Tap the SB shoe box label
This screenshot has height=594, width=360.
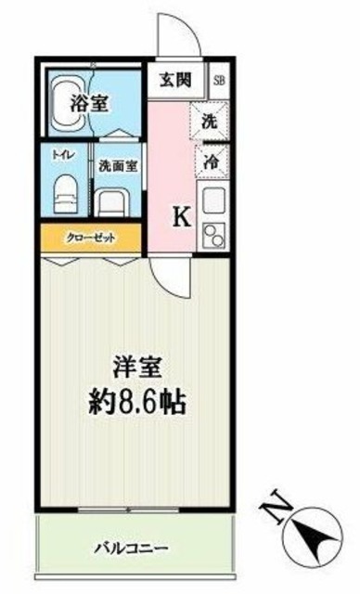click(219, 80)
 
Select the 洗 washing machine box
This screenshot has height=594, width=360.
click(211, 120)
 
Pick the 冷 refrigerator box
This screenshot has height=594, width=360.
click(212, 159)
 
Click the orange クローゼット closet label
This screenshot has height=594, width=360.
click(90, 238)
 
